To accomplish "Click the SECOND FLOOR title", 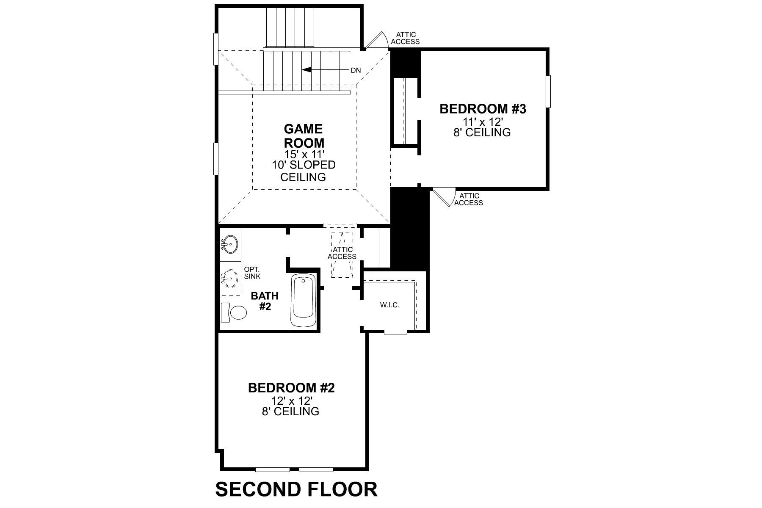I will pos(296,489).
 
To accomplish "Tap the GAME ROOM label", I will pos(304,135).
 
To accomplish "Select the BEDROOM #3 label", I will pos(483,109).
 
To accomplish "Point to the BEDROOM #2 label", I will pos(291,387).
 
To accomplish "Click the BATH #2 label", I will pos(265,301).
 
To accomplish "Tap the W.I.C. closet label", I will pos(389,305).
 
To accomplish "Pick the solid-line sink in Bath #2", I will pos(230,244).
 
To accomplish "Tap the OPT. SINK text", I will pos(252,273).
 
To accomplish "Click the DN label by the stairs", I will pos(356,70).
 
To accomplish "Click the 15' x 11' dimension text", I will pos(304,154).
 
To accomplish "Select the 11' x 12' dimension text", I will pos(483,121).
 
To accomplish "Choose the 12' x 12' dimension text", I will pos(291,400).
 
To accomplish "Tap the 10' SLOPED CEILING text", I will pos(304,171).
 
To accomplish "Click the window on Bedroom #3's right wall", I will pos(549,91).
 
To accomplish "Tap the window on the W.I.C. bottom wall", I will pos(396,332).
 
